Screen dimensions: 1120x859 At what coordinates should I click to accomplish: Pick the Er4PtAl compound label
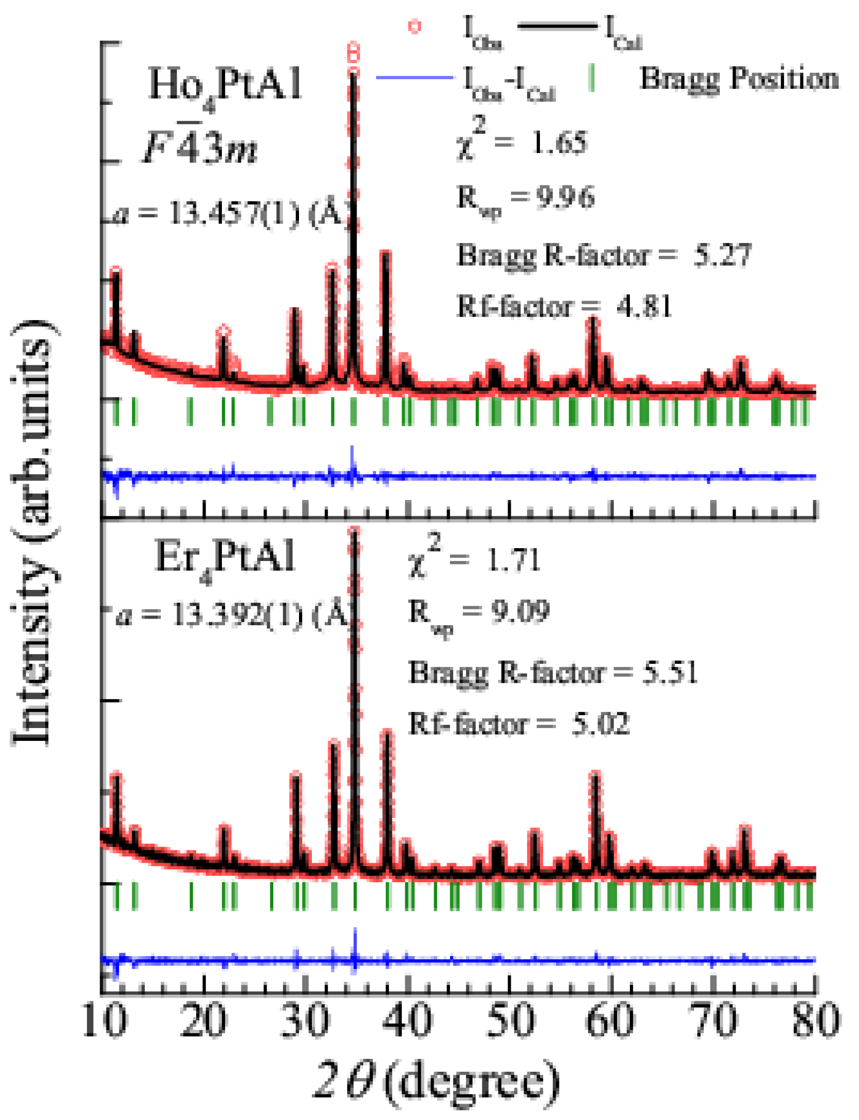point(225,559)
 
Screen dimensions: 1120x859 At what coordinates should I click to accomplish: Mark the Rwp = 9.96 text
point(525,198)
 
